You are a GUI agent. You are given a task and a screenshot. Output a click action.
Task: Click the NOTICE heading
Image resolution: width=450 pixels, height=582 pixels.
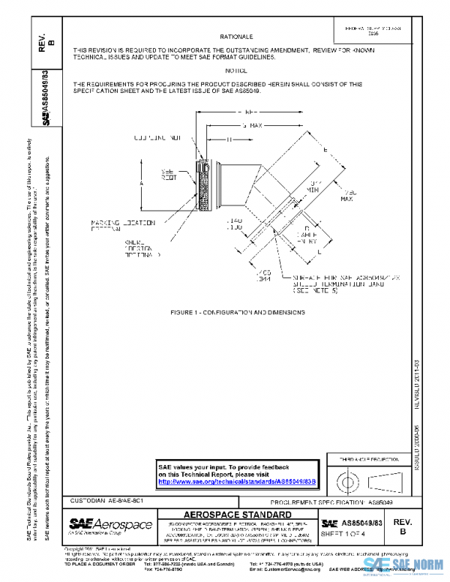tap(235, 69)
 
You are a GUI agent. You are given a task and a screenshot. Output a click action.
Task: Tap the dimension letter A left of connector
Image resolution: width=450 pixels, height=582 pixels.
tap(142, 182)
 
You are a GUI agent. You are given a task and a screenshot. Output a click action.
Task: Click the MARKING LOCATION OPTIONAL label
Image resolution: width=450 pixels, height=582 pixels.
tap(115, 226)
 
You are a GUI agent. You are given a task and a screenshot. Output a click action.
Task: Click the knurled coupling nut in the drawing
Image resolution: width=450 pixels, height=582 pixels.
tap(201, 184)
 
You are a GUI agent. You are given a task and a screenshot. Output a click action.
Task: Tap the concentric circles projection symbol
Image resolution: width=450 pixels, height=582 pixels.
tap(346, 478)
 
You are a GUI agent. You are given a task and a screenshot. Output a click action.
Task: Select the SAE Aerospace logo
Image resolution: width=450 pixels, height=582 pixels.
tap(110, 524)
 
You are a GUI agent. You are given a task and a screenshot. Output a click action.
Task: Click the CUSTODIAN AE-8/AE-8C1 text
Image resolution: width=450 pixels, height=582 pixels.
tap(100, 499)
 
